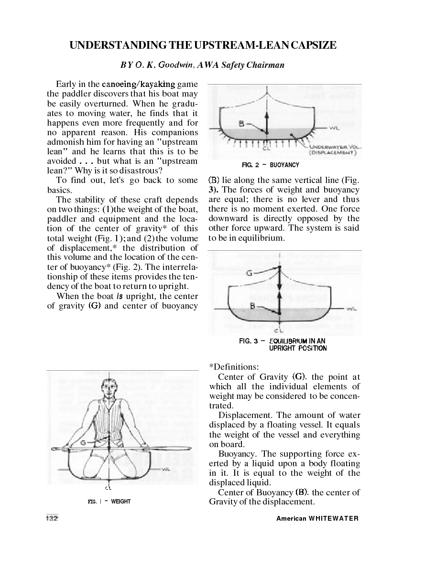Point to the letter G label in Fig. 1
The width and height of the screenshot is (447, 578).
(x=84, y=443)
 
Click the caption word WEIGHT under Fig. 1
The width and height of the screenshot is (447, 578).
(x=120, y=502)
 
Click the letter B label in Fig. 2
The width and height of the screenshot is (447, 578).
(x=242, y=123)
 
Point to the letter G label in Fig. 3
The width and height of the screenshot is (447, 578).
(x=250, y=274)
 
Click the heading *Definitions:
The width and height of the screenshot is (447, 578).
(x=234, y=367)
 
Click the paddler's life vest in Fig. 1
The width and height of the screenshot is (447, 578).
(x=111, y=420)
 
